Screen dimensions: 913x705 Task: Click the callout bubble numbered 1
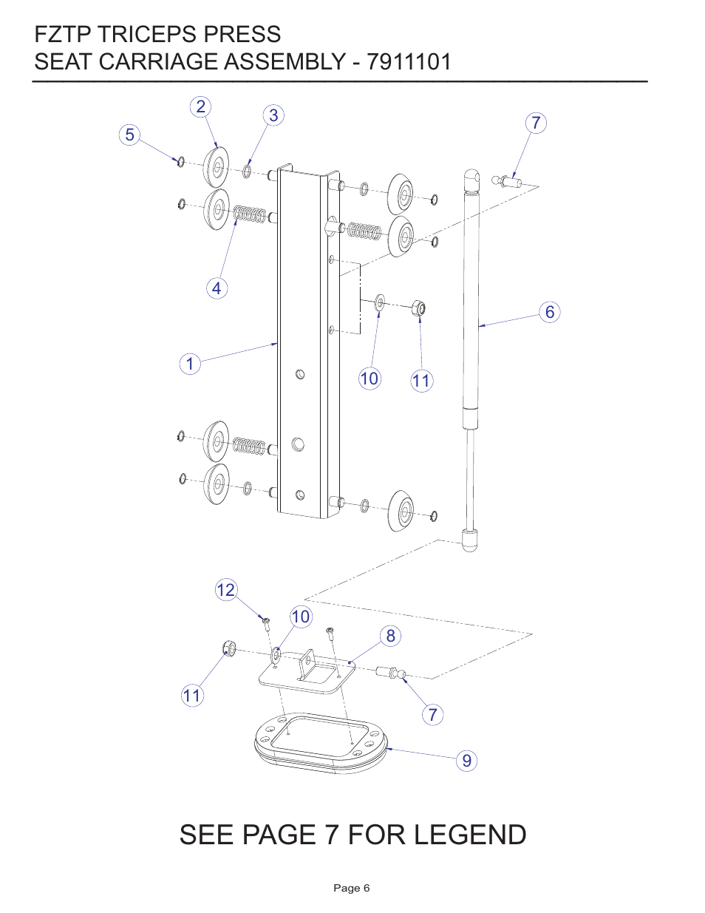click(190, 364)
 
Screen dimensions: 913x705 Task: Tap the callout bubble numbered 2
click(200, 107)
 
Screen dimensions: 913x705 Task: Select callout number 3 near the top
click(273, 115)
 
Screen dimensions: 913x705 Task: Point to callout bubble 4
click(217, 288)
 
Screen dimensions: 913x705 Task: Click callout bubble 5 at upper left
click(130, 135)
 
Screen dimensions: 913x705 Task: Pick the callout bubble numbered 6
click(549, 312)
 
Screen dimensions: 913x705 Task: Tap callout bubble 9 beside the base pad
click(466, 761)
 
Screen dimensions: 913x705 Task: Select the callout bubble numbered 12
click(225, 590)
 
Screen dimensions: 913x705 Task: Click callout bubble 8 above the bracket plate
click(391, 636)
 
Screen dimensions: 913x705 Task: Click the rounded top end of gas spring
click(471, 179)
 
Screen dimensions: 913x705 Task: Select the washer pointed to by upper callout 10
click(380, 302)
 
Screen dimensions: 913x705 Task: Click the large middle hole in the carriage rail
click(298, 444)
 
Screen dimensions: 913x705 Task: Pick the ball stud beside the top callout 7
click(508, 180)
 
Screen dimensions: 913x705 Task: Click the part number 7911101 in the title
click(409, 61)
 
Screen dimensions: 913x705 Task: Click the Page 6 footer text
click(352, 888)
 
